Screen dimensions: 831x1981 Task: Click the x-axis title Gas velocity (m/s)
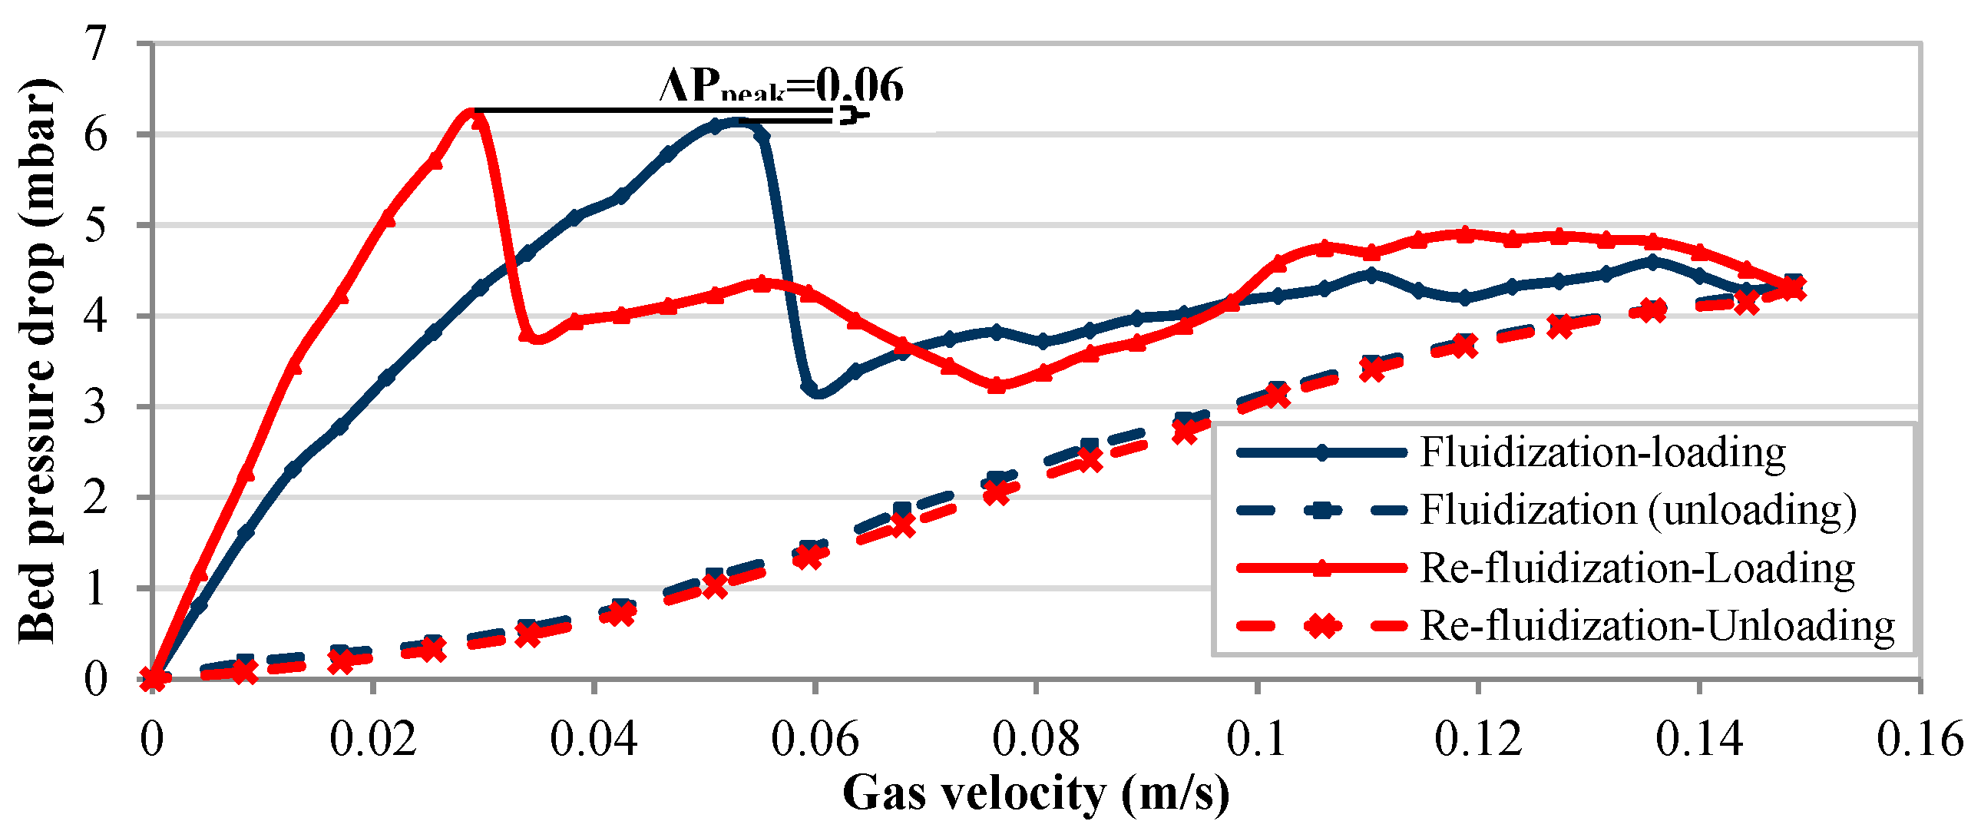point(1035,793)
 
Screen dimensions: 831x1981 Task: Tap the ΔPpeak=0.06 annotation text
point(782,86)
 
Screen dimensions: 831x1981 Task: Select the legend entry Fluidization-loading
point(1602,452)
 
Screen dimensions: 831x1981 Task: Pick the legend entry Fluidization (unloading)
point(1637,510)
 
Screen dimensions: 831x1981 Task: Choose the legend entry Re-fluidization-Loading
point(1636,568)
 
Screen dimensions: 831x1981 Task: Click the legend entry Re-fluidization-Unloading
point(1656,626)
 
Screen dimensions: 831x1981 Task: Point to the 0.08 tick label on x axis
point(1035,740)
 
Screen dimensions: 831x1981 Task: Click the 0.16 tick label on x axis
point(1920,740)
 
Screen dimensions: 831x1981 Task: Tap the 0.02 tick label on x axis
point(373,740)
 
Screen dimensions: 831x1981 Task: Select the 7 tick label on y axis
point(96,44)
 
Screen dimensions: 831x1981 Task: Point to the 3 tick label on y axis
point(96,406)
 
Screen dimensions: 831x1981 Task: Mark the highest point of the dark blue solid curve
point(736,121)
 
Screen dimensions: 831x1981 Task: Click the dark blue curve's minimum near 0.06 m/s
point(817,394)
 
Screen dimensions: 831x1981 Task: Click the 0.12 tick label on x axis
point(1477,740)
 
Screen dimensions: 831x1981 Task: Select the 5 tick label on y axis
point(96,226)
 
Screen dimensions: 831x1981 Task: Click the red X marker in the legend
point(1322,626)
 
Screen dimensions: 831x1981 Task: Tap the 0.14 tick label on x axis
point(1698,740)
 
